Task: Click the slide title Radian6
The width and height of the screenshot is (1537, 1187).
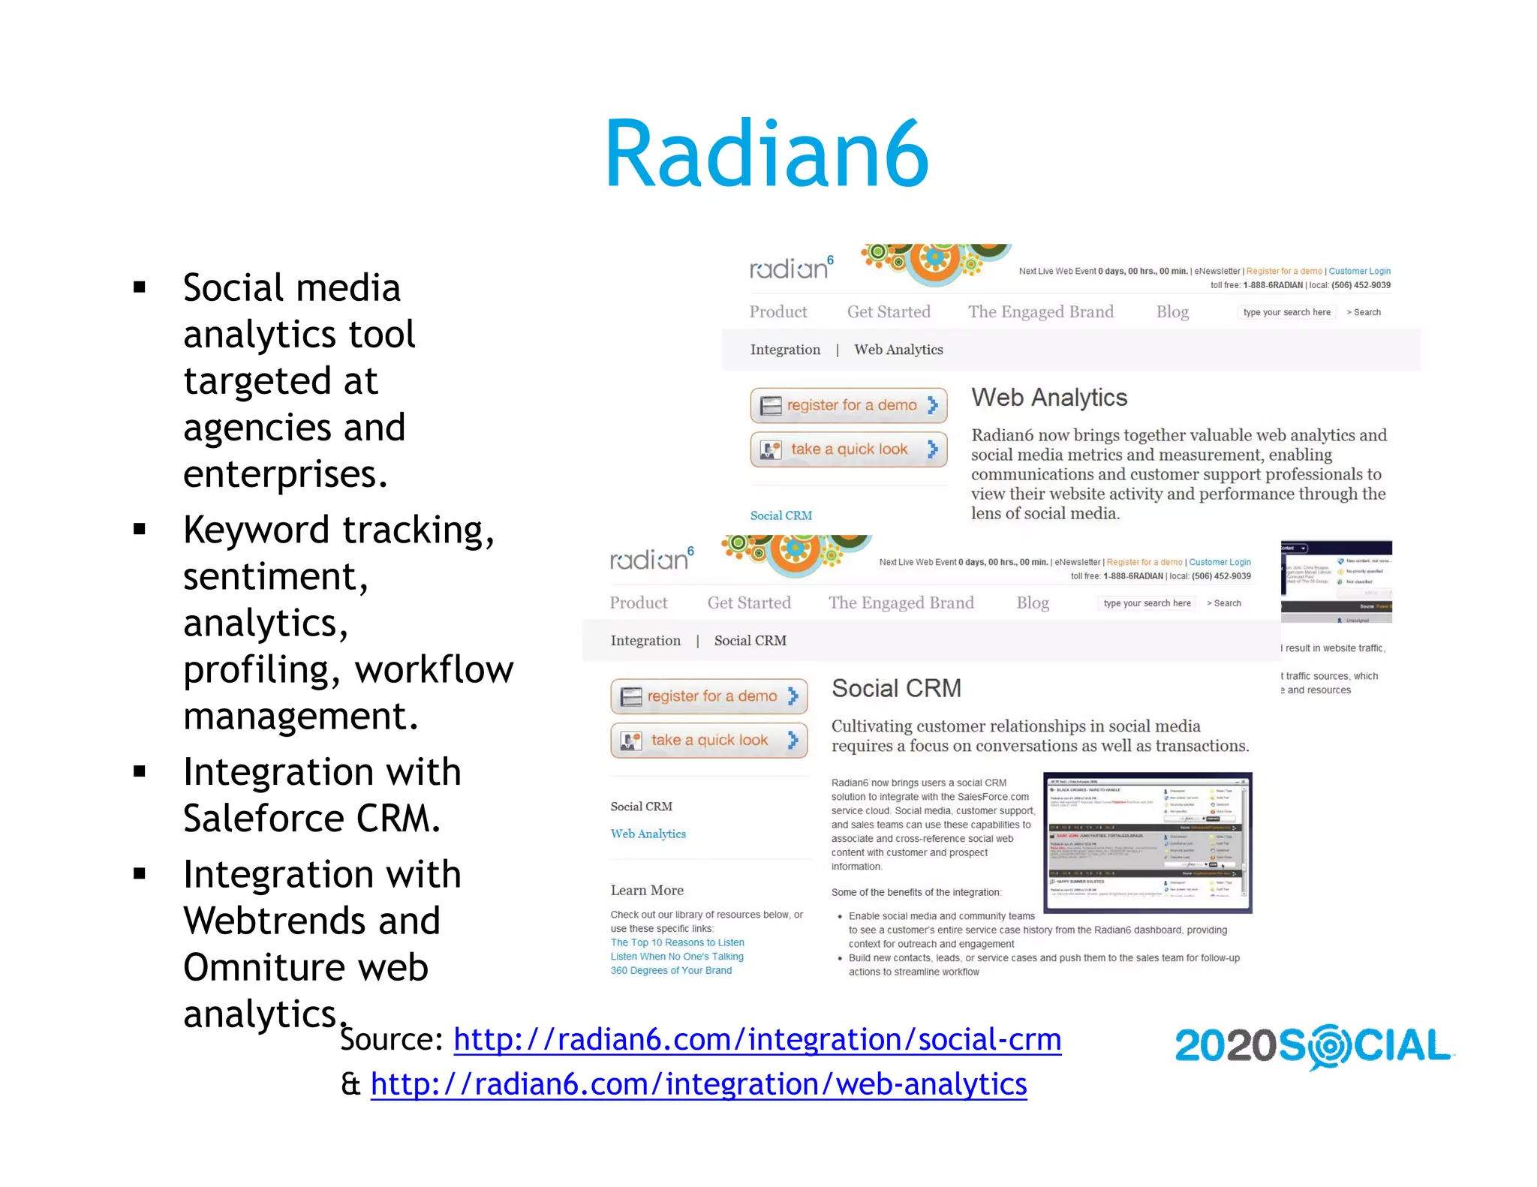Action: click(767, 155)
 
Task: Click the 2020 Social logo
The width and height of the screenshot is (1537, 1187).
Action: click(1313, 1046)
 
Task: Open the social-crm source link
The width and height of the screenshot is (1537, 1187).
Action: click(757, 1040)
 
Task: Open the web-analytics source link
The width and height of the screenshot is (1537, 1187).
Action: click(698, 1084)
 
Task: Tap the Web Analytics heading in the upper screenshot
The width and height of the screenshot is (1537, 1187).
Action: click(1048, 398)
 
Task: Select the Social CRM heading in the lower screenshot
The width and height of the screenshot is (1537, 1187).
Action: click(896, 688)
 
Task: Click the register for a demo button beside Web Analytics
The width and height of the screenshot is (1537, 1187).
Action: click(848, 405)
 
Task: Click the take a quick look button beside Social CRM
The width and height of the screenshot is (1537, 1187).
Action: click(708, 741)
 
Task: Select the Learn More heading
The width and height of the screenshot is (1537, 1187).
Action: click(647, 891)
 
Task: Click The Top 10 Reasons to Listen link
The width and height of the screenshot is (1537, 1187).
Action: click(677, 942)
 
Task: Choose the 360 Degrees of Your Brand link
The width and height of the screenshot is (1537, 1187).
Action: click(671, 970)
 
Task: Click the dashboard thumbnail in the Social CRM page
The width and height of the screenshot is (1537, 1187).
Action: click(1147, 842)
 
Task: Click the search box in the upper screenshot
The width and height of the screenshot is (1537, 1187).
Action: click(1286, 312)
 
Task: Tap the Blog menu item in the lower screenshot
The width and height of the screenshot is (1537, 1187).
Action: click(1033, 603)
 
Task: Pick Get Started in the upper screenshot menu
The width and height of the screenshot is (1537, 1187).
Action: click(889, 311)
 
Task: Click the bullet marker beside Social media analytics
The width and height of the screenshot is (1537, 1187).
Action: click(140, 287)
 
